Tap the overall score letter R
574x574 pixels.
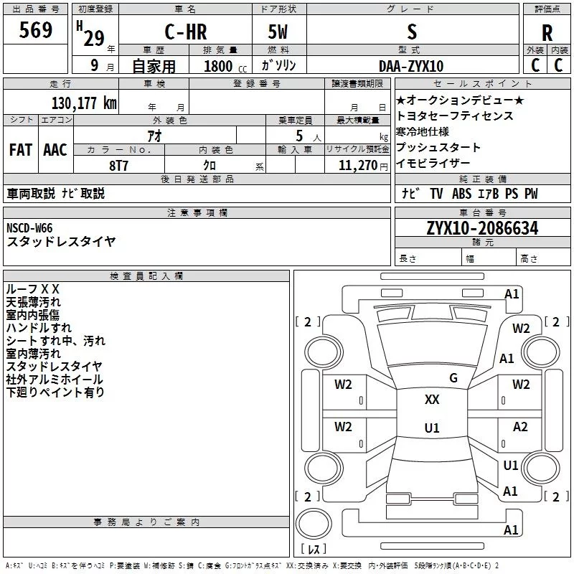tap(547, 33)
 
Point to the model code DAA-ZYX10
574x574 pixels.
tap(411, 66)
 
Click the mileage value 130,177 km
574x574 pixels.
tap(84, 103)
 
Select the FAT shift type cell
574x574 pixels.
tap(21, 149)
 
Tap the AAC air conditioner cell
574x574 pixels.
tap(55, 149)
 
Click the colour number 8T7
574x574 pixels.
tap(118, 165)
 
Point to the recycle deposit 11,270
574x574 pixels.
tap(357, 165)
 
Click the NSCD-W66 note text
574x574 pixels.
tap(29, 228)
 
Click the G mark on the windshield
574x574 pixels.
tap(453, 377)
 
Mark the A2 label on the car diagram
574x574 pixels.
tap(520, 427)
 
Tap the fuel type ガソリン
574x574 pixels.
tap(279, 66)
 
